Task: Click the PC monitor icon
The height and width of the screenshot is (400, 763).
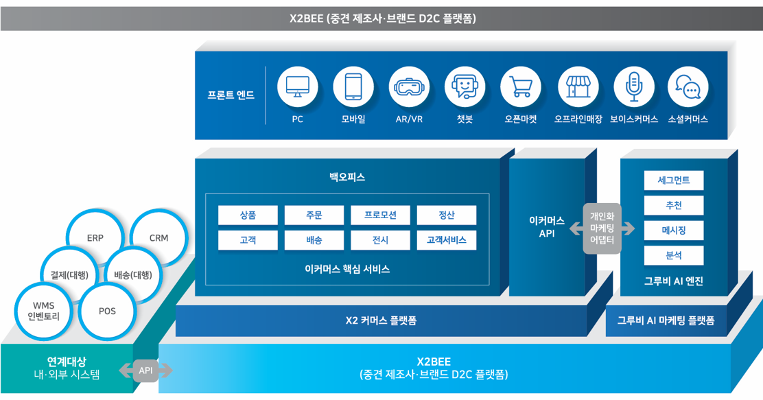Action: (x=298, y=87)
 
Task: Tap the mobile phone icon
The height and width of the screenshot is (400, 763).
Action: (x=353, y=87)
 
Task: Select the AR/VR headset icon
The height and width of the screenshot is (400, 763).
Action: (x=409, y=87)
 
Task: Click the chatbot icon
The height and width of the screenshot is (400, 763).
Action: (x=465, y=87)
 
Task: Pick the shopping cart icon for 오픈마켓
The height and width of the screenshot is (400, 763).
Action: (x=521, y=87)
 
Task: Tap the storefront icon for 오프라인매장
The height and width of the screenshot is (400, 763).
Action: (x=578, y=87)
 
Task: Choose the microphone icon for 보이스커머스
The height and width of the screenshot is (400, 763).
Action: (x=633, y=87)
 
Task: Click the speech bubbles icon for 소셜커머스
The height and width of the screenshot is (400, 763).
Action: (x=688, y=87)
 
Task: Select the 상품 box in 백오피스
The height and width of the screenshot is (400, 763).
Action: (x=248, y=215)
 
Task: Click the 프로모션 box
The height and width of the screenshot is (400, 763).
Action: (x=380, y=215)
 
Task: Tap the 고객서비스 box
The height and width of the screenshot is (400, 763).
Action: (x=446, y=240)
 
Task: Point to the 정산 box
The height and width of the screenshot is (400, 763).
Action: (x=446, y=215)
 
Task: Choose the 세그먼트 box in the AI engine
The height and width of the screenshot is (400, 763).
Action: (x=673, y=180)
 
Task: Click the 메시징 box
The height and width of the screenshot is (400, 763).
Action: (x=673, y=231)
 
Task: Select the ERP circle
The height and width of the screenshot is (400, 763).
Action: (x=95, y=238)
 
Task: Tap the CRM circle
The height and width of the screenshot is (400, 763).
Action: (x=159, y=237)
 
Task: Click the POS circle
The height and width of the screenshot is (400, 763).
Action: (x=107, y=311)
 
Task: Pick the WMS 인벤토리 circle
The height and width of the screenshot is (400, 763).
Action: (x=43, y=311)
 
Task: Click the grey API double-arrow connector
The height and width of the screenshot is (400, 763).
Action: (x=145, y=370)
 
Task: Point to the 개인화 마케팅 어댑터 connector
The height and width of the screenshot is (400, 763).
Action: (x=602, y=228)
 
